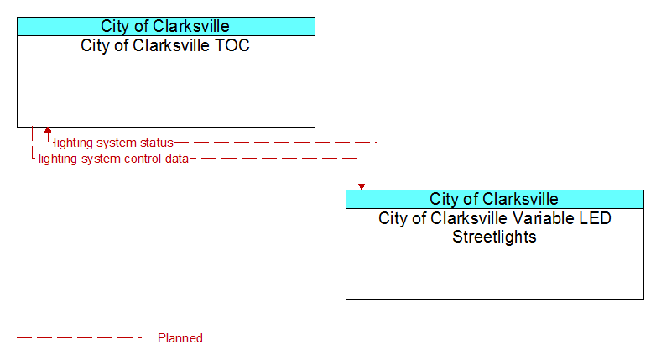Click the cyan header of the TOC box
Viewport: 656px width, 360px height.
pos(166,26)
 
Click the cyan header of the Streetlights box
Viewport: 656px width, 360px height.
pos(494,199)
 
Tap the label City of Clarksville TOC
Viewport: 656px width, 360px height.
pos(165,45)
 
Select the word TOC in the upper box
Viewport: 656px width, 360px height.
pos(232,45)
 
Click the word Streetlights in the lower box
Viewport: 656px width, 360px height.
pos(494,237)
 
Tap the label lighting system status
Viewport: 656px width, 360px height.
pos(114,143)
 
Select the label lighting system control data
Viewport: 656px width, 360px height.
pos(113,159)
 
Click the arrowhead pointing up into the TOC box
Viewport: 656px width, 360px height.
pos(48,130)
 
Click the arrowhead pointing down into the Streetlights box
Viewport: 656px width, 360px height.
pos(362,186)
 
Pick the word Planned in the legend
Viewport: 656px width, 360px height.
pos(180,338)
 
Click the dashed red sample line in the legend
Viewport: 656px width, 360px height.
pos(80,337)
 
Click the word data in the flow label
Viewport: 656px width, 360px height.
pos(176,159)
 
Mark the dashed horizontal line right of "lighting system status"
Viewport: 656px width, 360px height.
pos(275,143)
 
